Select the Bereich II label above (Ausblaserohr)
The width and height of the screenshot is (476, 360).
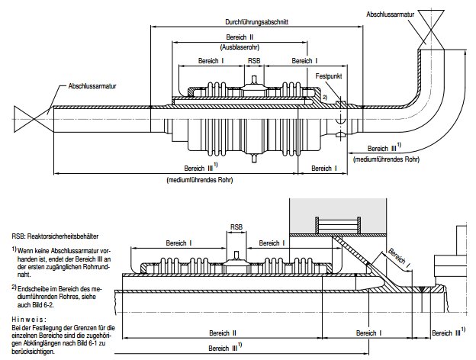[240, 37]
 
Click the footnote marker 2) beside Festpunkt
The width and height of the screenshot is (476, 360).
[324, 98]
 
